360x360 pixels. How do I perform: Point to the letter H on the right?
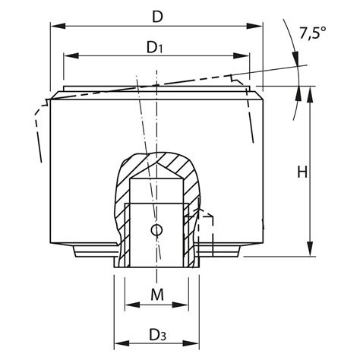click(302, 172)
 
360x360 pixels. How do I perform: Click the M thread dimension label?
click(155, 292)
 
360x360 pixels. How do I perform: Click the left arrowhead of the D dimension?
click(55, 24)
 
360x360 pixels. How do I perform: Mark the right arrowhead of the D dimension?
click(257, 24)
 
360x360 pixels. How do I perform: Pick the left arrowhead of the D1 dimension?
click(69, 56)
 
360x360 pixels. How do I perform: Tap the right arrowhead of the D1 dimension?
click(245, 56)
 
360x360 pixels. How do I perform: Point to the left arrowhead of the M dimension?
click(129, 305)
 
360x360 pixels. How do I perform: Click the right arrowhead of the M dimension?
click(182, 305)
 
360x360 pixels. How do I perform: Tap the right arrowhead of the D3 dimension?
click(194, 340)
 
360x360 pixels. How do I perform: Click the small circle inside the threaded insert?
click(156, 230)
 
